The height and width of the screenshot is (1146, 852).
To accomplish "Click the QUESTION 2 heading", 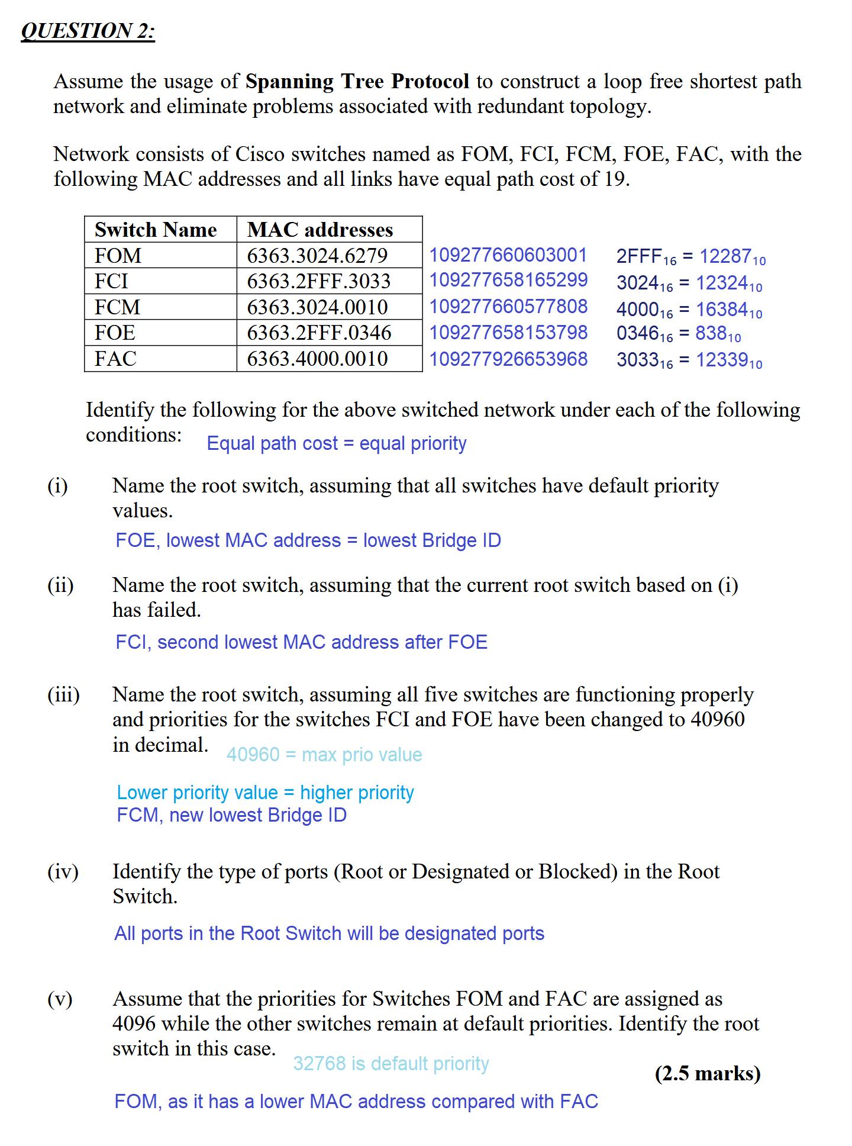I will pos(88,31).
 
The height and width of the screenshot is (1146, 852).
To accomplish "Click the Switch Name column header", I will pos(156,230).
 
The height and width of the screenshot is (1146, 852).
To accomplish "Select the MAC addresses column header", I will pos(320,230).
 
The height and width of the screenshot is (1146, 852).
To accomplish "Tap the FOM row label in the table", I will pos(118,256).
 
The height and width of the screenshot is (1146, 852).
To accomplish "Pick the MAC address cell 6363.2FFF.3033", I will pos(319,281).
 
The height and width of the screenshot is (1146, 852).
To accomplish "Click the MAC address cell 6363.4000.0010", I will pos(318,359).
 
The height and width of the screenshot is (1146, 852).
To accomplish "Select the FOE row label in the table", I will pos(115,333).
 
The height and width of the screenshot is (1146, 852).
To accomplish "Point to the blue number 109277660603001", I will pos(508,255).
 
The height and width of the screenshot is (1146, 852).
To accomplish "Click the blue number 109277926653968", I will pos(508,359).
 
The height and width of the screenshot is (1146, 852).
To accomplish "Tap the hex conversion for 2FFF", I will pos(690,257).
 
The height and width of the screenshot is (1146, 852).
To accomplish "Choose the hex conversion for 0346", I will pos(678,334).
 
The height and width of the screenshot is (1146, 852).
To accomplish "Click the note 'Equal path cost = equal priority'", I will pos(336,443).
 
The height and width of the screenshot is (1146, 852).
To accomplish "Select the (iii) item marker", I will pos(64,694).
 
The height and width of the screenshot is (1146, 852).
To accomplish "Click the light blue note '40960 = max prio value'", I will pos(324,755).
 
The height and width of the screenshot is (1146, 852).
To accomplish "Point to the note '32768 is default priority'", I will pos(391,1064).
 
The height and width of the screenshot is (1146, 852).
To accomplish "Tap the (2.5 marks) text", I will pos(708,1074).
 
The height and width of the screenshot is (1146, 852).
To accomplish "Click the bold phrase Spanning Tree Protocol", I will pos(357,81).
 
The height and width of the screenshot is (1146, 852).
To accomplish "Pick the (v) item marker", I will pos(60,999).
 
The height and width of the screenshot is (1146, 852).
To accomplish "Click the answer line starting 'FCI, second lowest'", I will pos(301,642).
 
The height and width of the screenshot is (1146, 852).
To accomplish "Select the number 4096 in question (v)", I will pos(134,1024).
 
